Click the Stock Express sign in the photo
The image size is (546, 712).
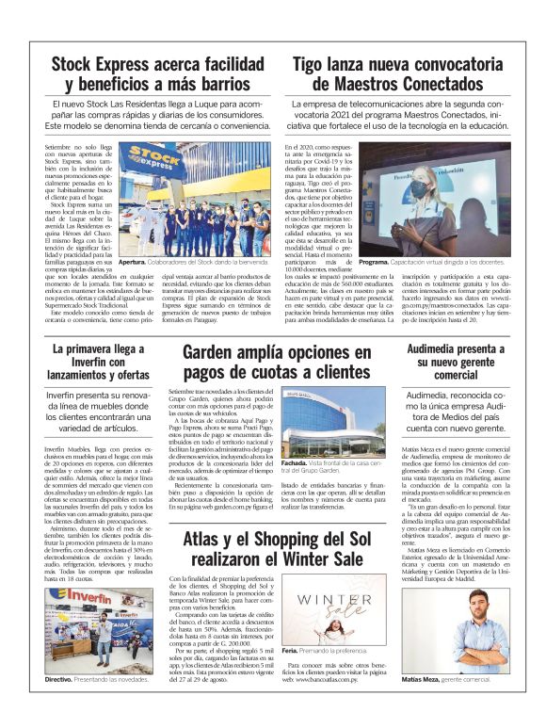click(151, 156)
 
